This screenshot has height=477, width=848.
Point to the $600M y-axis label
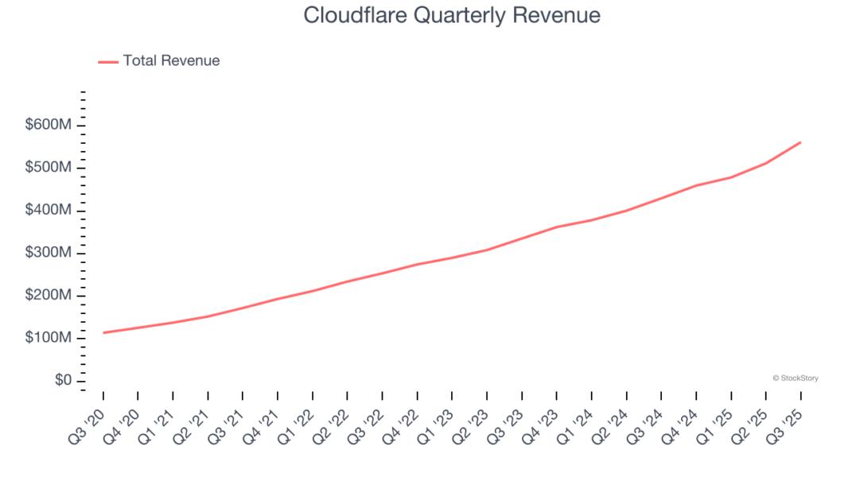[x=49, y=125]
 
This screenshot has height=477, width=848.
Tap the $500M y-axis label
[x=49, y=168]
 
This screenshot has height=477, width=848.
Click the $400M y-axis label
[x=49, y=210]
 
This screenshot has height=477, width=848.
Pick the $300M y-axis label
[x=49, y=253]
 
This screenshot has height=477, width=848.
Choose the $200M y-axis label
[x=49, y=295]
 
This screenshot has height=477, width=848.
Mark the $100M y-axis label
[x=49, y=338]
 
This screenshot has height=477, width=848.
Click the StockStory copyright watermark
[x=795, y=378]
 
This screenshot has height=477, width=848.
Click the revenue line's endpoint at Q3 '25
[x=800, y=142]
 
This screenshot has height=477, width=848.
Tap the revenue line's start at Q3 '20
[x=103, y=332]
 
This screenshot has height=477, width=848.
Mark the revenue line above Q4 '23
[x=556, y=227]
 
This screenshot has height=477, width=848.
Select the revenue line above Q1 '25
[x=730, y=177]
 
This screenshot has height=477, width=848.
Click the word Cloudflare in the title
[x=344, y=15]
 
